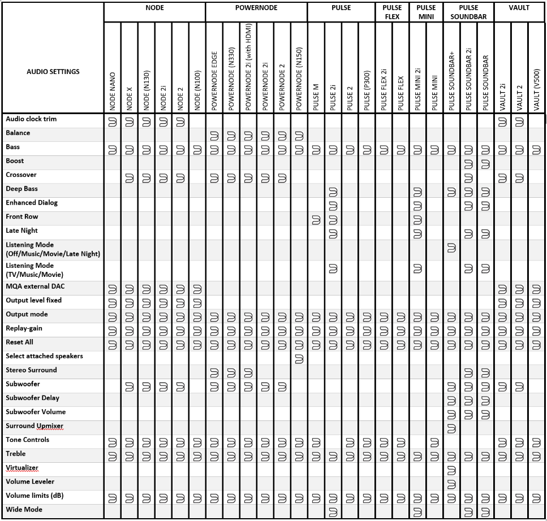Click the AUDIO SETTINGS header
[x=53, y=72]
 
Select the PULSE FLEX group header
[x=392, y=12]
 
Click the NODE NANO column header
[x=113, y=90]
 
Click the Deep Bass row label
[x=21, y=189]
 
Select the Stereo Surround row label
[x=31, y=370]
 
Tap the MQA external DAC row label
[x=35, y=286]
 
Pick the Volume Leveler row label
[x=30, y=482]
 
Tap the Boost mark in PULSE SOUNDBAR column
[x=485, y=164]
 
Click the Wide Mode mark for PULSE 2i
[x=333, y=513]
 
